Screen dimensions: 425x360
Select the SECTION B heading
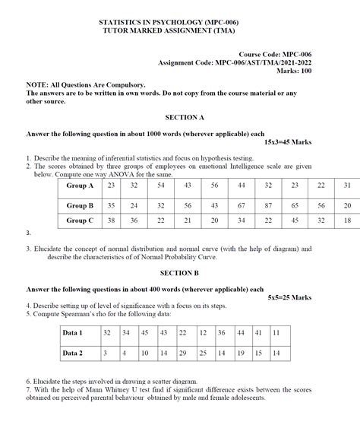click(180, 272)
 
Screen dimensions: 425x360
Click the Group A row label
click(80, 186)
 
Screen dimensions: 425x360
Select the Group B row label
click(80, 205)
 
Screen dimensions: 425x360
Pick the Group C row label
click(80, 220)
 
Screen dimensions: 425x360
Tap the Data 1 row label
click(73, 333)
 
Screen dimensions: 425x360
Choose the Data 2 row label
click(73, 354)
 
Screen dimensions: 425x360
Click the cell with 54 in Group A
click(161, 186)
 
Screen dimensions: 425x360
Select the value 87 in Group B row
click(268, 205)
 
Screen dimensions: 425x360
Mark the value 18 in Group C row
click(347, 220)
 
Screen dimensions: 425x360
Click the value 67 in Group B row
click(242, 205)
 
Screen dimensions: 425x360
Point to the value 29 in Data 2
click(183, 354)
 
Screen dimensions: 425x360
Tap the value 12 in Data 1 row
click(203, 333)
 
